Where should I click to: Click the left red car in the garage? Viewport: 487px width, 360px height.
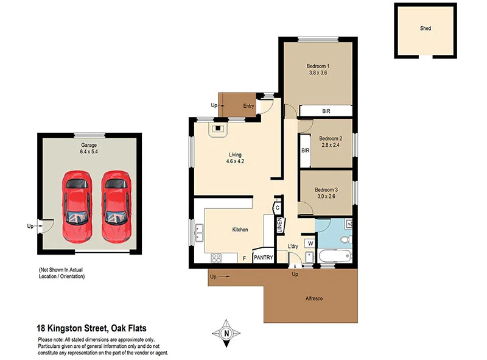(77, 205)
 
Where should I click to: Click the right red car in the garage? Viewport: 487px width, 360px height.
(116, 205)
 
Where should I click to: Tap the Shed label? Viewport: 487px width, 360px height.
(426, 28)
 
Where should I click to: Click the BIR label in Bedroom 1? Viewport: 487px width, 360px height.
(326, 111)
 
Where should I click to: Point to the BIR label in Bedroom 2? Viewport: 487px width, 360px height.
(305, 150)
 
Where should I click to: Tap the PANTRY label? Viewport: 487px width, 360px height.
(263, 258)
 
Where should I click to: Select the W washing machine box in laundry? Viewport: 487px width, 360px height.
(310, 243)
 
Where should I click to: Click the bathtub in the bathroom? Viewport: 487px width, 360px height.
(334, 256)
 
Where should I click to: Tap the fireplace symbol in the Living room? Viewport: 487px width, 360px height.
(218, 129)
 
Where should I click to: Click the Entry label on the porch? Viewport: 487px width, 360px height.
(248, 106)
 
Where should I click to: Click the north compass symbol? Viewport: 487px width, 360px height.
(226, 333)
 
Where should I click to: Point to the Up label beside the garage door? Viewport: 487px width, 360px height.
(30, 226)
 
